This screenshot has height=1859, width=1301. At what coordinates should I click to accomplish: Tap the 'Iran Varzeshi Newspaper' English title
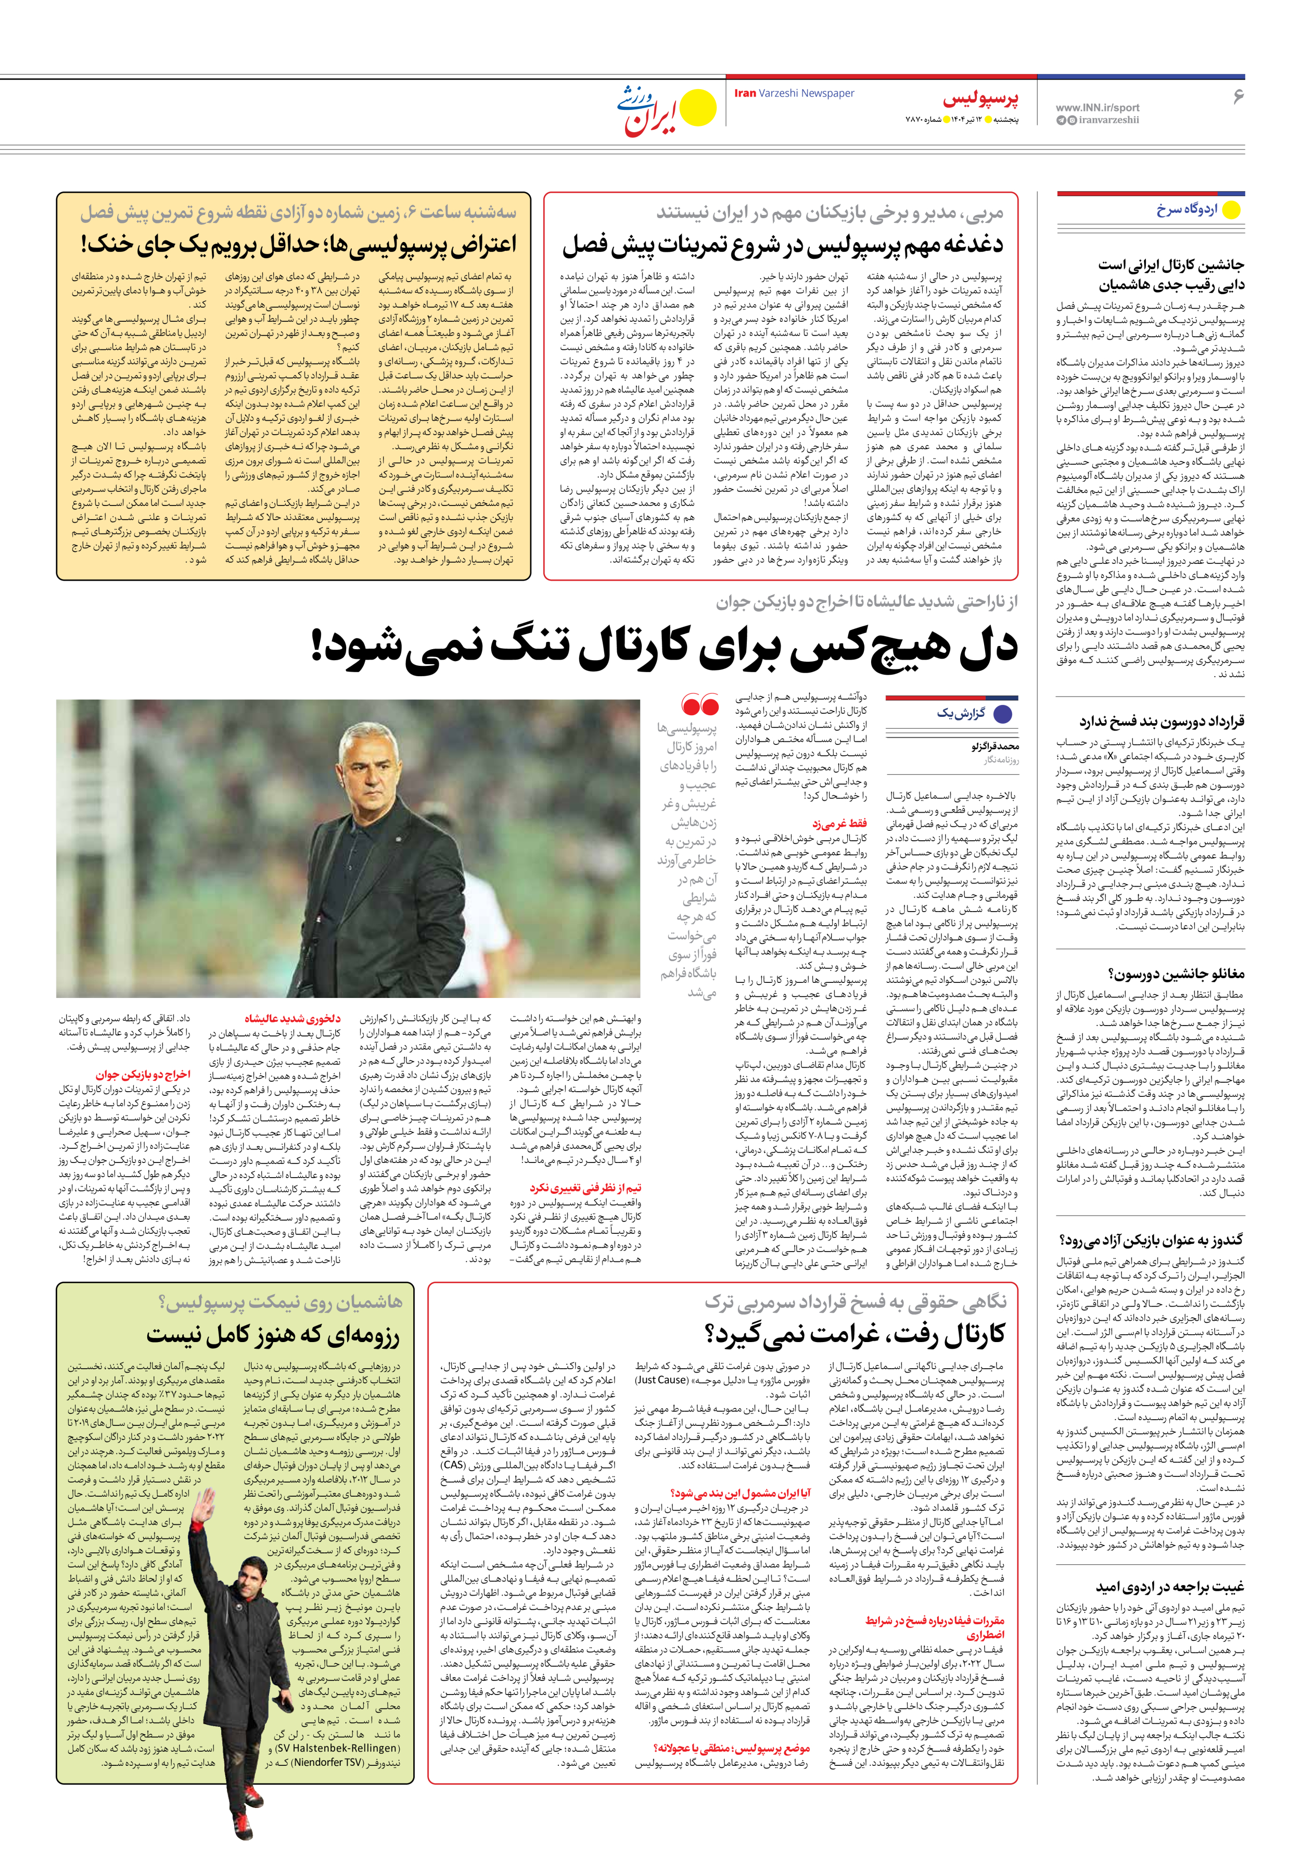coord(794,93)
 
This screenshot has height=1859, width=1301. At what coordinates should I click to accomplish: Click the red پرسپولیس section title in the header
coord(980,99)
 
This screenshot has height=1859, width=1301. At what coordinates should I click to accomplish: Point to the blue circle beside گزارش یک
coord(1002,714)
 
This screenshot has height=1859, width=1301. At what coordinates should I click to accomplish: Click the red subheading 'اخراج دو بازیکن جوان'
coord(143,1074)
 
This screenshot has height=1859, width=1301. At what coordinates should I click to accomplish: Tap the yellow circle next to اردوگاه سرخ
coord(1231,210)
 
